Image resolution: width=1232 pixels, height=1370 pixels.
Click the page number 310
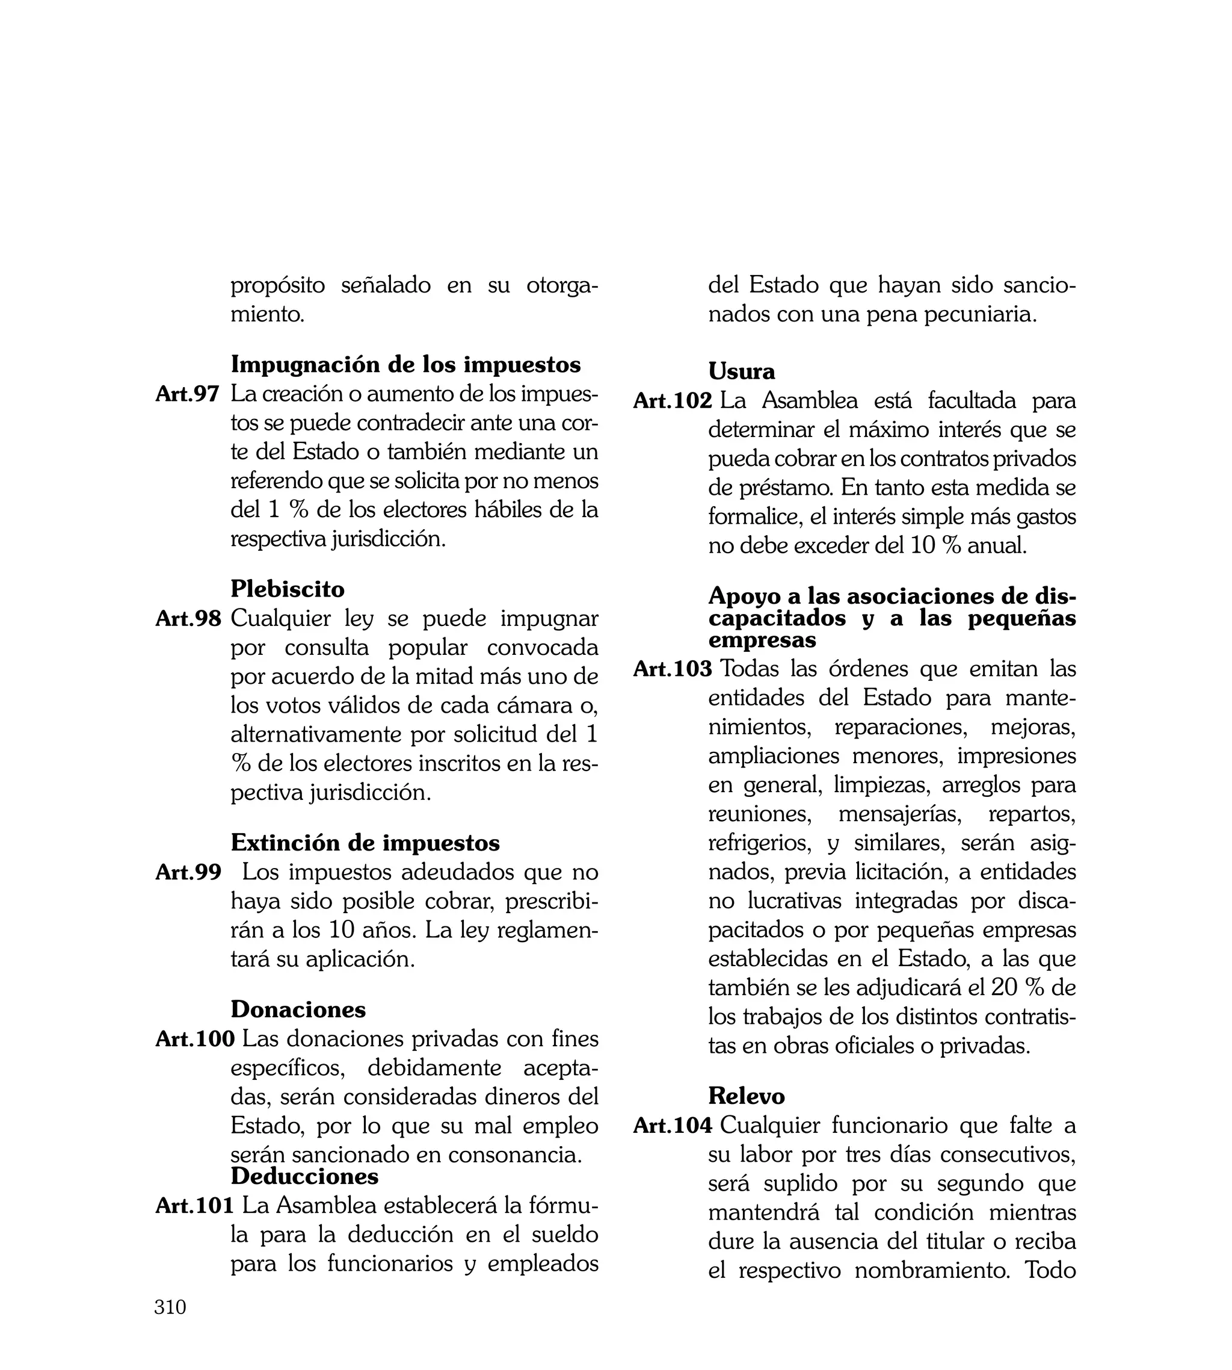point(170,1325)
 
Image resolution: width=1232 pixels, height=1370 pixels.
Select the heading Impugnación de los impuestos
point(405,364)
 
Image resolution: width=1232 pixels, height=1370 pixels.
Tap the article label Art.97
point(188,394)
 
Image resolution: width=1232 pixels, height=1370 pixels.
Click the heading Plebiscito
point(288,589)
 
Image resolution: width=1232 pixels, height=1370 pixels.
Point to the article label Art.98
point(188,618)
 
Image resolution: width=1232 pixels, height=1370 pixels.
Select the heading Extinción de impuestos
point(365,843)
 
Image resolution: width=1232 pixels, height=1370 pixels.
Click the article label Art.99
point(188,872)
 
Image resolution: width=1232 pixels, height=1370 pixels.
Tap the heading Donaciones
point(298,1009)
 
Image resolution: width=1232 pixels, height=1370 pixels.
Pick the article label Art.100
point(195,1039)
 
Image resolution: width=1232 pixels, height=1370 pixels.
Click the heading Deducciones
point(304,1176)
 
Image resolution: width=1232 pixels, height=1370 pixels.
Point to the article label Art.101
point(195,1206)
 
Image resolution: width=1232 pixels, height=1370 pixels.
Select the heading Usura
point(741,371)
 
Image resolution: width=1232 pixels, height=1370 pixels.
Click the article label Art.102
point(672,401)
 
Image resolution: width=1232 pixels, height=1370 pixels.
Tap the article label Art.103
point(672,669)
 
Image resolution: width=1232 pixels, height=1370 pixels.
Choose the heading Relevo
point(747,1096)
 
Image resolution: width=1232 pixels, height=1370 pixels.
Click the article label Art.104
point(672,1126)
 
